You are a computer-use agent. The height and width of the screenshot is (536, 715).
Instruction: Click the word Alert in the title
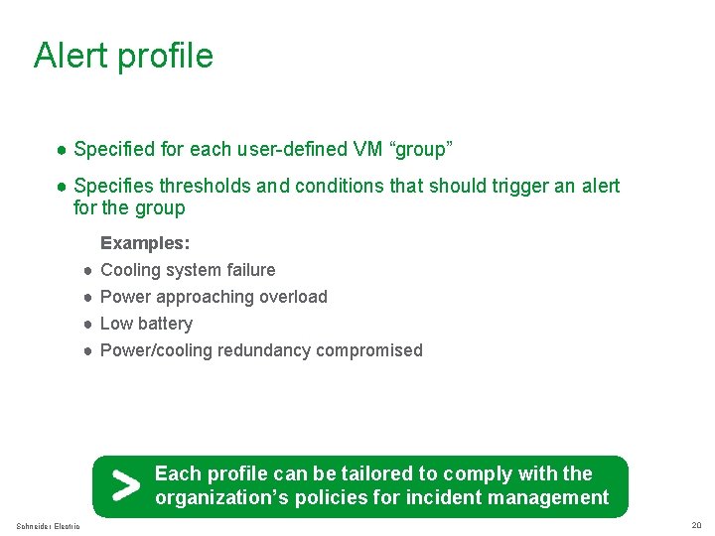tap(71, 55)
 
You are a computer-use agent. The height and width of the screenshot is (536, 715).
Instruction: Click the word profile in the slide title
tap(165, 56)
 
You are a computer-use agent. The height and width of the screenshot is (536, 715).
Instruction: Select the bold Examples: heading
tap(146, 243)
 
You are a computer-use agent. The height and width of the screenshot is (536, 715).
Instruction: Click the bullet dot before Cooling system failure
tap(88, 270)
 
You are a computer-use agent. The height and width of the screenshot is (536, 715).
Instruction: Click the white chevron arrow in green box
tap(125, 486)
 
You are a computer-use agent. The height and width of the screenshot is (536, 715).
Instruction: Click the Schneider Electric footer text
tap(48, 526)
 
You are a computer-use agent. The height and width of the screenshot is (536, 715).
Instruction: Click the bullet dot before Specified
tap(62, 151)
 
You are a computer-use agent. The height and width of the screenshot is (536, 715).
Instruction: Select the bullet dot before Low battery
tap(88, 324)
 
